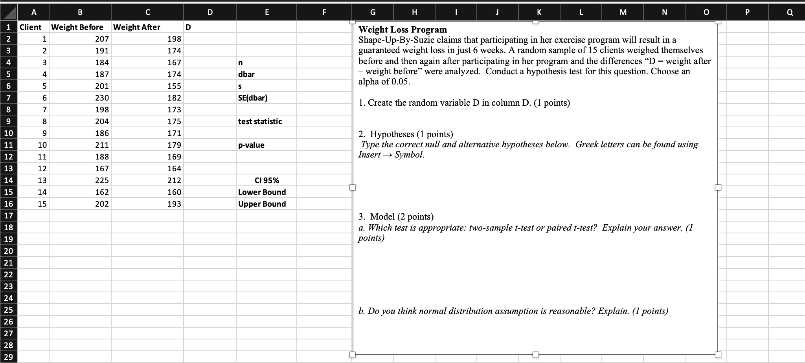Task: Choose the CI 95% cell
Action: click(266, 180)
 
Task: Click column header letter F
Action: click(324, 12)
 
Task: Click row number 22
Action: click(8, 275)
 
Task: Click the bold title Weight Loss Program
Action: click(402, 30)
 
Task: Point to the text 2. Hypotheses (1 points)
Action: click(406, 134)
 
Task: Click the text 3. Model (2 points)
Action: click(396, 217)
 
